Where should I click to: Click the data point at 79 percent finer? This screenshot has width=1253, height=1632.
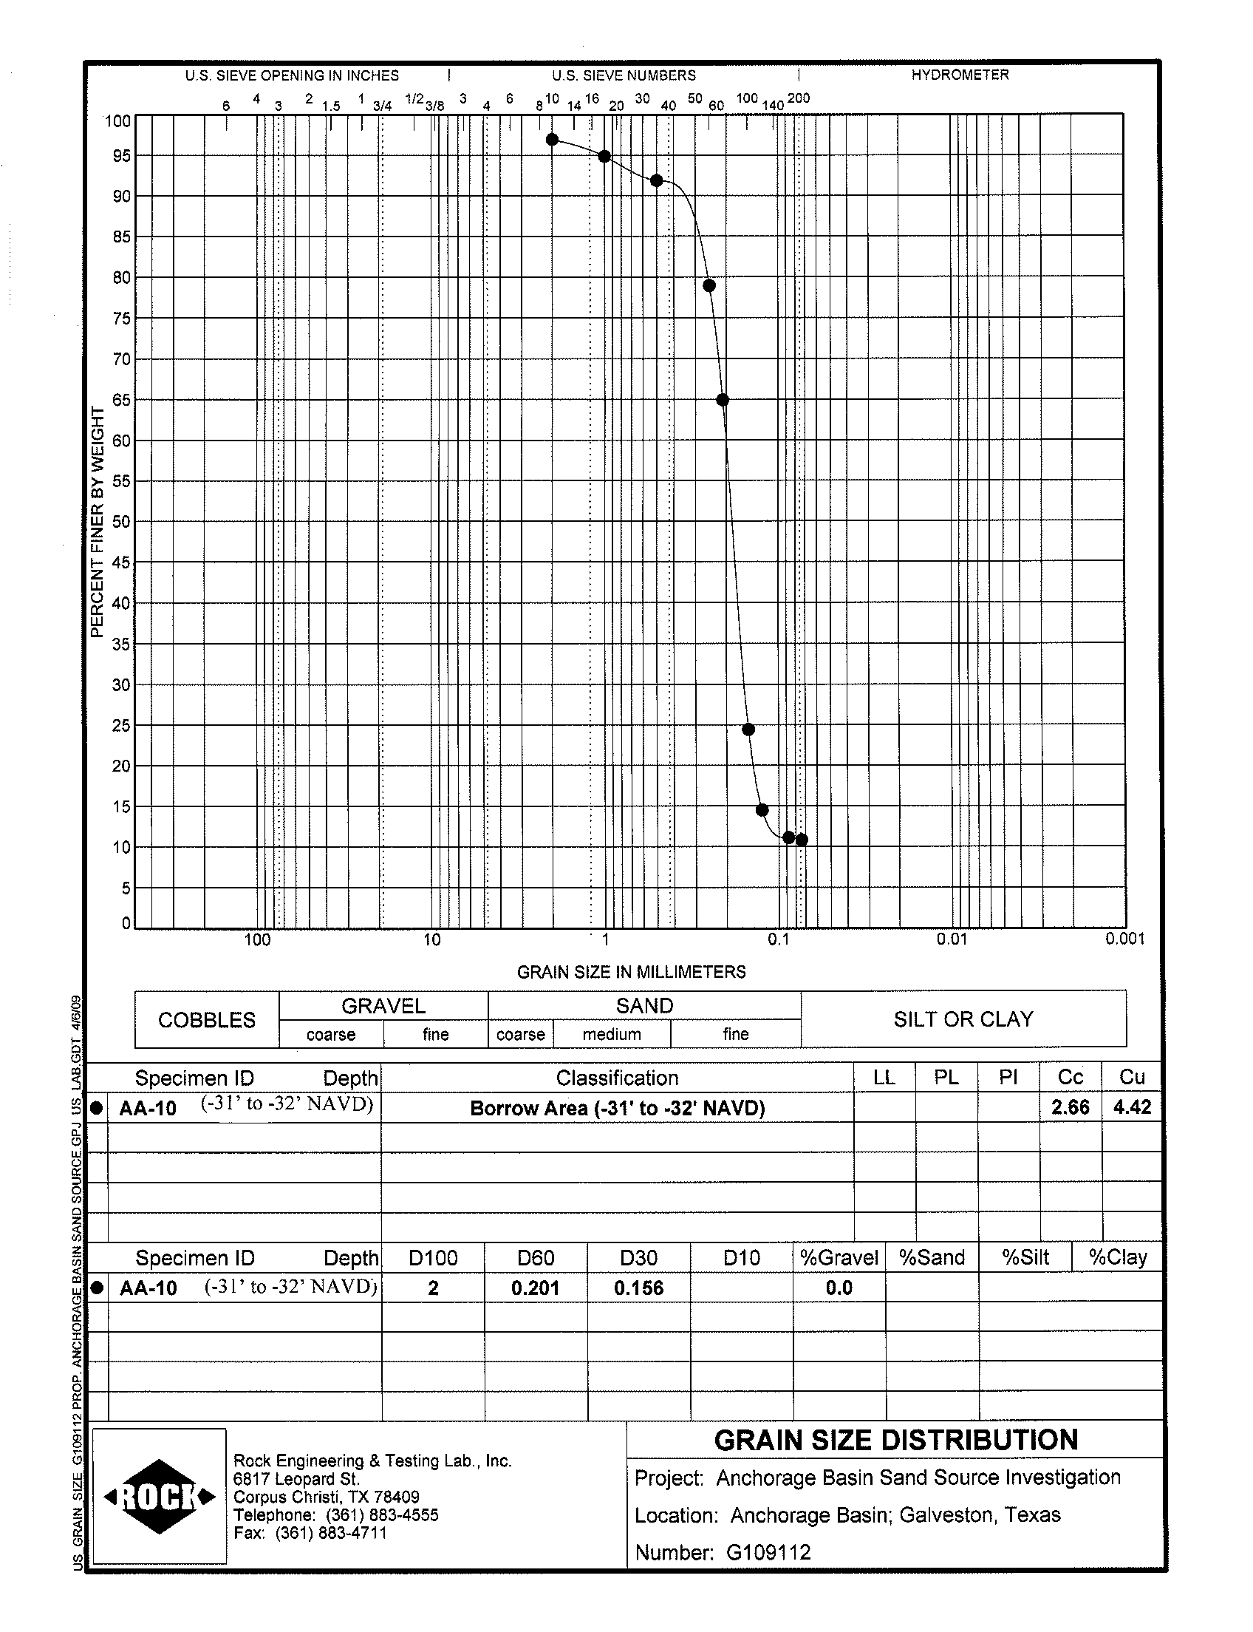(709, 286)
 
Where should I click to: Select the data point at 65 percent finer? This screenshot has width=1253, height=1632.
(722, 400)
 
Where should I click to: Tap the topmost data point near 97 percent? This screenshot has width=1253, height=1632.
(552, 140)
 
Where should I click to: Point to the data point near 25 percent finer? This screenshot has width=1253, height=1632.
(749, 729)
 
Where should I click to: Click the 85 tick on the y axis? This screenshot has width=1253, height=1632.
(121, 237)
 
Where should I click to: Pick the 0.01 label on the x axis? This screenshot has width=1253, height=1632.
(952, 939)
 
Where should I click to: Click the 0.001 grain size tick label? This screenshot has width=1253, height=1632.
(1124, 939)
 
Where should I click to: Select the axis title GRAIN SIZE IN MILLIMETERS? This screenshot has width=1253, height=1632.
(631, 972)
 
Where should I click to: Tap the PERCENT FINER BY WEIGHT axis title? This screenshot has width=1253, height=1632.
(96, 522)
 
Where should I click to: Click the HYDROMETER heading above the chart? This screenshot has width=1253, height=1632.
(960, 75)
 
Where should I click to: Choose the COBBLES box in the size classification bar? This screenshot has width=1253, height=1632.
(207, 1020)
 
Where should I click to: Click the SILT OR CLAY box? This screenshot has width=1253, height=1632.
(963, 1019)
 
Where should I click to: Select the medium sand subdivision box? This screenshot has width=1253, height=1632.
(612, 1034)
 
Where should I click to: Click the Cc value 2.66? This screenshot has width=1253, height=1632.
(1071, 1107)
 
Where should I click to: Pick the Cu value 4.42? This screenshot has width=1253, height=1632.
(1132, 1107)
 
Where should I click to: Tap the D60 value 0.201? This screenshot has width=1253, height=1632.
(536, 1288)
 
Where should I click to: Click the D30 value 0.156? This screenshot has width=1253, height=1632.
(638, 1288)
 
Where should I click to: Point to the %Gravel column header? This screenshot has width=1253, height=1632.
(839, 1257)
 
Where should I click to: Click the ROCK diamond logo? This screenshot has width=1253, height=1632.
(160, 1496)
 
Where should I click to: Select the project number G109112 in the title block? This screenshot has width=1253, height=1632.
(768, 1552)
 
